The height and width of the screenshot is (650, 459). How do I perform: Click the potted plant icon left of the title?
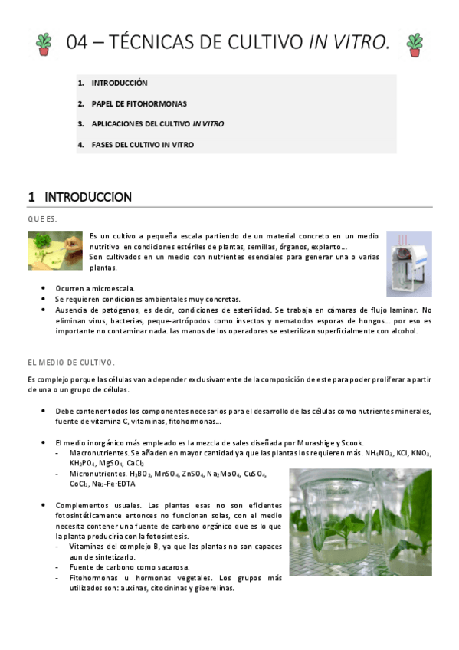[x=44, y=44]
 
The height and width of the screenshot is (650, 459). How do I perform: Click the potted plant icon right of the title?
[x=415, y=44]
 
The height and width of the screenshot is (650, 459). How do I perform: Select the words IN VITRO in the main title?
[x=349, y=44]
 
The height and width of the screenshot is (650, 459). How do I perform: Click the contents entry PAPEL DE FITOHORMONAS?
[x=139, y=103]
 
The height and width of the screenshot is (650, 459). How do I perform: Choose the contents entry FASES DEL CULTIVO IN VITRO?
[x=143, y=144]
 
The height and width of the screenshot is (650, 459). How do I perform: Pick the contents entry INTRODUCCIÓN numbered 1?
[x=119, y=83]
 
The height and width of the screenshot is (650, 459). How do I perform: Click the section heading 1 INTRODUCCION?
[x=80, y=197]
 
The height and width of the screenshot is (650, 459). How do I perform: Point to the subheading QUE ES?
[x=43, y=218]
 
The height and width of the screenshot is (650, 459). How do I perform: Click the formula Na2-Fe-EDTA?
[x=113, y=484]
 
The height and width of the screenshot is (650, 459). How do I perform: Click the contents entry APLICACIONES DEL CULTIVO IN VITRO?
[x=157, y=123]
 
